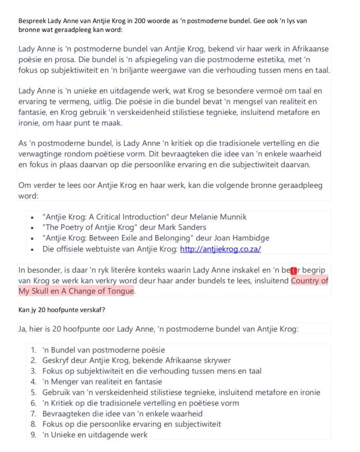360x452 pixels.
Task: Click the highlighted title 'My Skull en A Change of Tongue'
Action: [76, 291]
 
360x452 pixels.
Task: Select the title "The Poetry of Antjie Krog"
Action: [92, 228]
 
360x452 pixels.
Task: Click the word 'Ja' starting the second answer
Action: [23, 329]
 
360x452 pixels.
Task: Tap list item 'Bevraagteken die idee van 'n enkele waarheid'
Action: [122, 414]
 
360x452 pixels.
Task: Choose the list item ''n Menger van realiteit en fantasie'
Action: [102, 382]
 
